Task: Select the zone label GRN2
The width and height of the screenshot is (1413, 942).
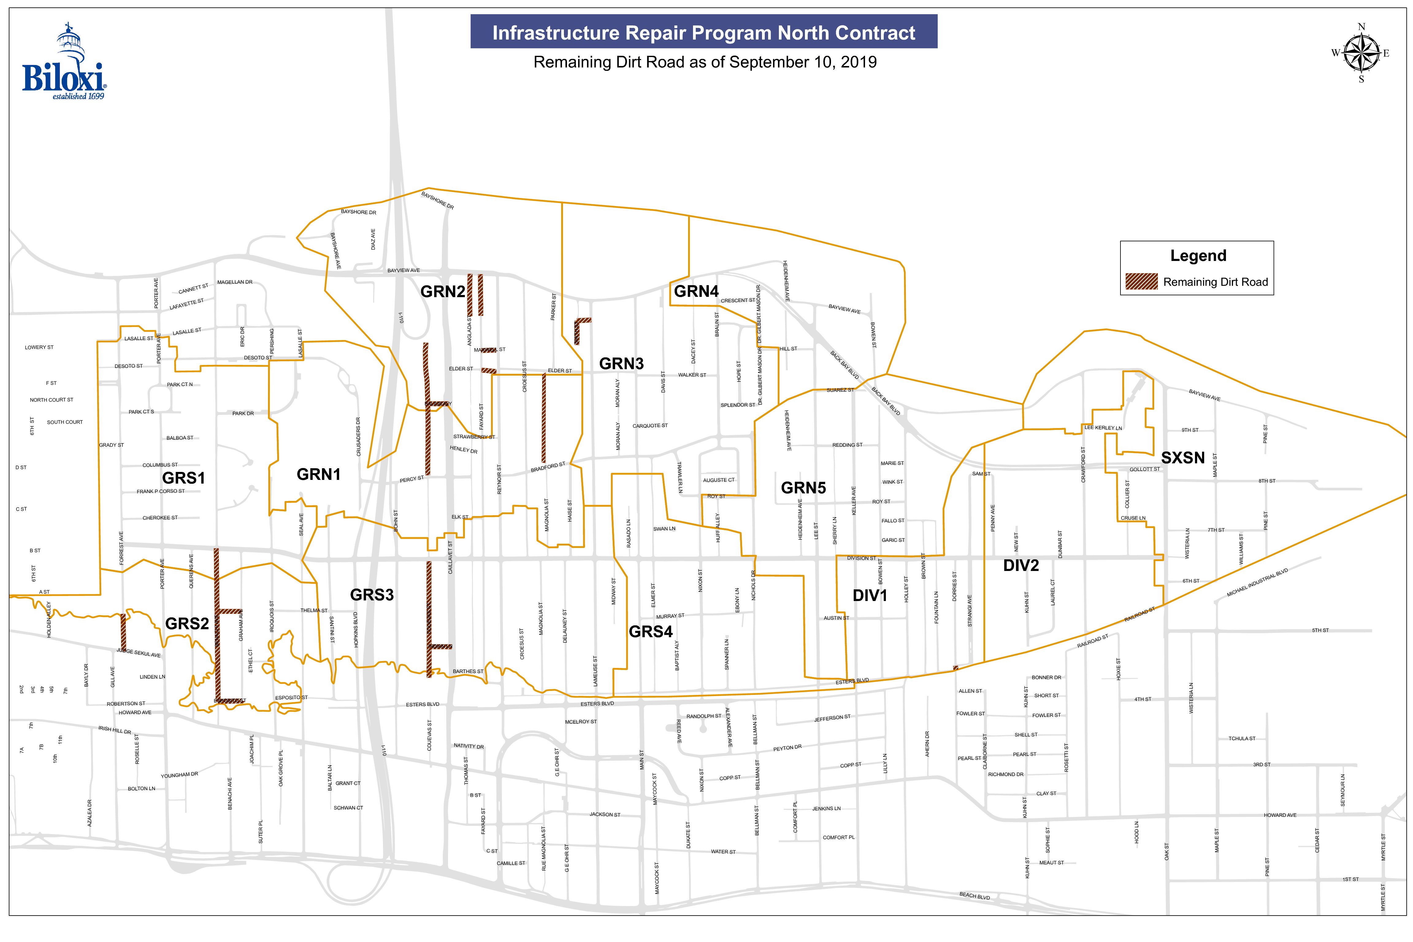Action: click(443, 292)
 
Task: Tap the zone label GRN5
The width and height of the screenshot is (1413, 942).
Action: click(803, 488)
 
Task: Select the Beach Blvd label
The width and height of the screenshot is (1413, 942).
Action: click(975, 896)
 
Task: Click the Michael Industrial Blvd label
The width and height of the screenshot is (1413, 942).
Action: click(1258, 583)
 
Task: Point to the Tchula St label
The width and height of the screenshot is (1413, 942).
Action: click(1242, 738)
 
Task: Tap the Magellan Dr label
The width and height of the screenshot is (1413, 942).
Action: click(235, 282)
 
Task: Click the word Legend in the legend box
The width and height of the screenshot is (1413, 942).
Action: click(1198, 256)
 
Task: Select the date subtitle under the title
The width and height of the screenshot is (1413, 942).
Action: click(705, 63)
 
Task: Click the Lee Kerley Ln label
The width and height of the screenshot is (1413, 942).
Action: click(1103, 428)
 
